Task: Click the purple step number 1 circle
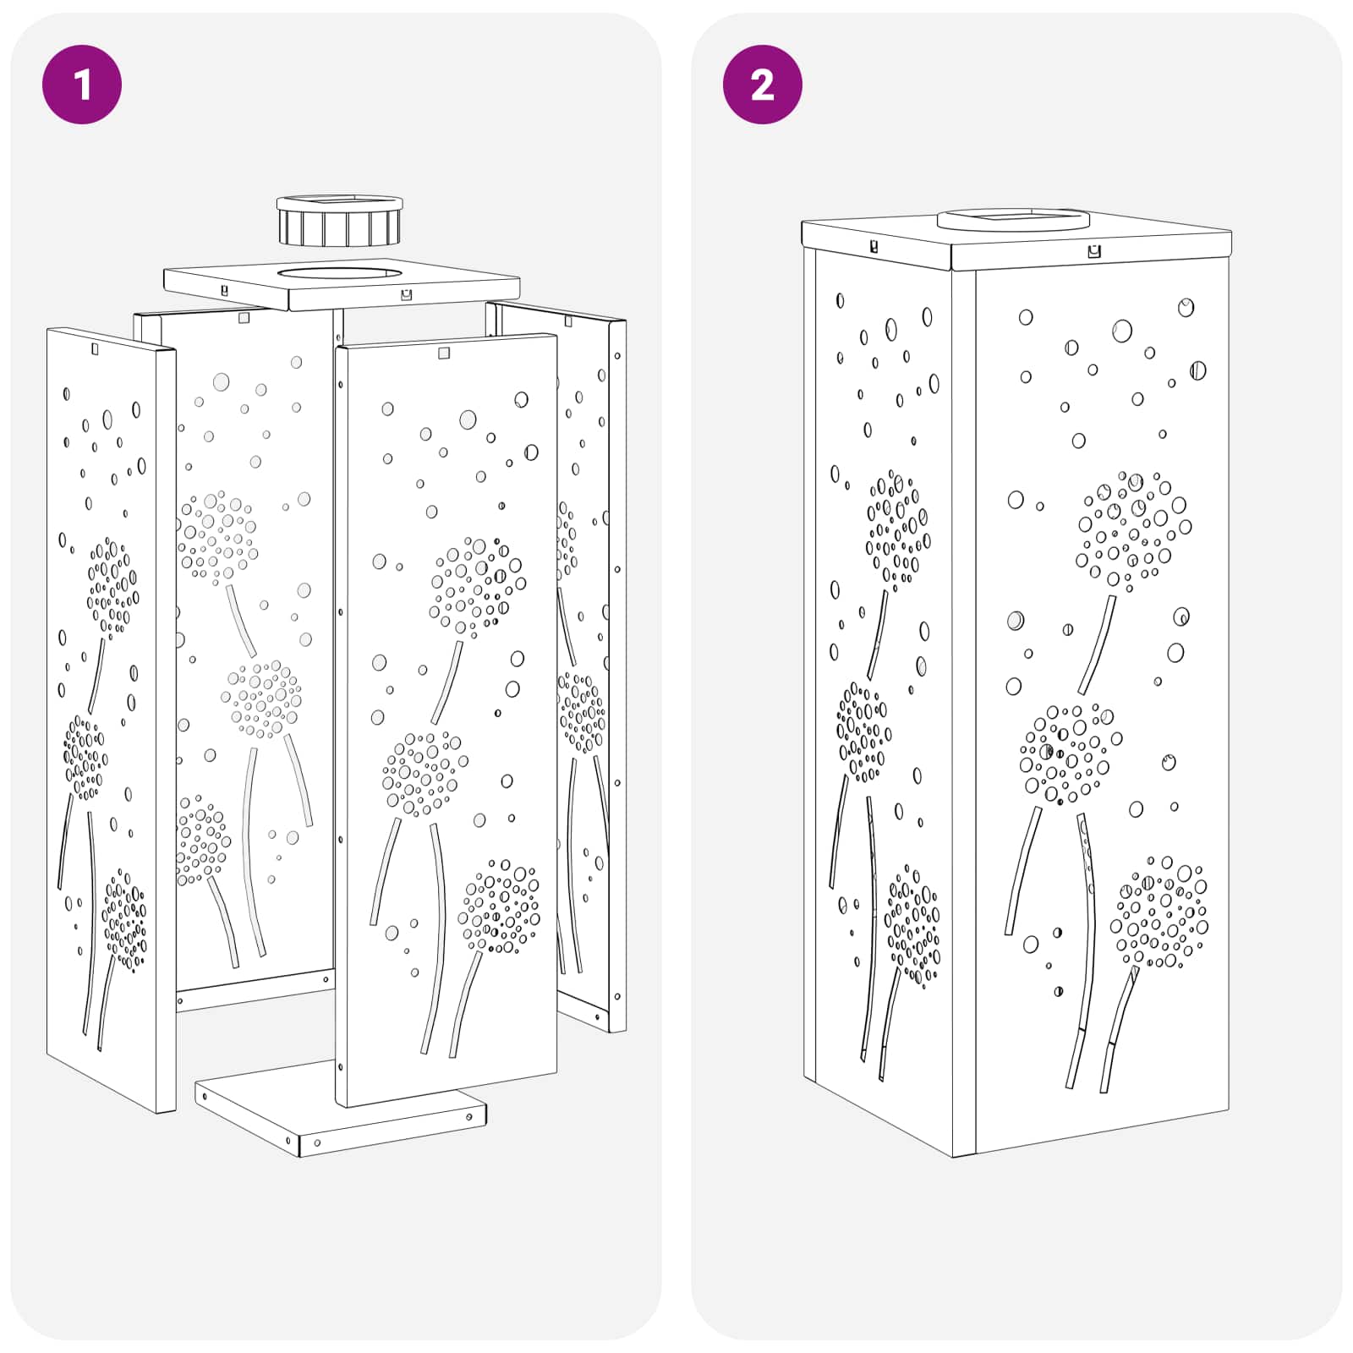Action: pyautogui.click(x=82, y=85)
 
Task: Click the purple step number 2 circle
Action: pyautogui.click(x=762, y=85)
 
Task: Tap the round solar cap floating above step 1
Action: pyautogui.click(x=339, y=220)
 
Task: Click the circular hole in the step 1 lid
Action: pyautogui.click(x=338, y=274)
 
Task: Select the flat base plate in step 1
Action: pyautogui.click(x=341, y=1108)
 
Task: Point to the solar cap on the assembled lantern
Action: pyautogui.click(x=1013, y=220)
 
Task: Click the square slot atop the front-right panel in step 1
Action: pyautogui.click(x=444, y=353)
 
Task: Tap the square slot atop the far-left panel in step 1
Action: pyautogui.click(x=95, y=348)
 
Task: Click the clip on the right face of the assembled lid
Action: pyautogui.click(x=1094, y=251)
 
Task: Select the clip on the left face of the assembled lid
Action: pyautogui.click(x=874, y=247)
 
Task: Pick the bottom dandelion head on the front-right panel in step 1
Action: pyautogui.click(x=499, y=907)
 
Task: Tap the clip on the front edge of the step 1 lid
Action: pyautogui.click(x=407, y=294)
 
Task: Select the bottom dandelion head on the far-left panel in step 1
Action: pyautogui.click(x=124, y=919)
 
